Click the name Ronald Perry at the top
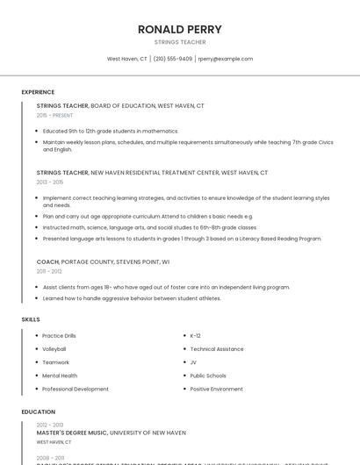pyautogui.click(x=180, y=29)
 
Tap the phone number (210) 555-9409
pyautogui.click(x=173, y=59)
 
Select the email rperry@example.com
pyautogui.click(x=225, y=59)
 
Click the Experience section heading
pyautogui.click(x=38, y=92)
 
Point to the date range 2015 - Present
pyautogui.click(x=54, y=115)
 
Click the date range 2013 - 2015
pyautogui.click(x=50, y=182)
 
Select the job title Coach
pyautogui.click(x=47, y=261)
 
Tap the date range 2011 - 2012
pyautogui.click(x=49, y=271)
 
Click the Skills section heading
pyautogui.click(x=31, y=319)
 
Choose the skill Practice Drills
pyautogui.click(x=59, y=336)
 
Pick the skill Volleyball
pyautogui.click(x=54, y=349)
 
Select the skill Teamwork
pyautogui.click(x=55, y=362)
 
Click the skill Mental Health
pyautogui.click(x=60, y=376)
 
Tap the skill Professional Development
pyautogui.click(x=76, y=389)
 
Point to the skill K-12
pyautogui.click(x=195, y=336)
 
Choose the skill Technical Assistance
pyautogui.click(x=217, y=349)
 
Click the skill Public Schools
pyautogui.click(x=208, y=376)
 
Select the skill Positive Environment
pyautogui.click(x=216, y=389)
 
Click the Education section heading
pyautogui.click(x=39, y=411)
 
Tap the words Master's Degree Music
pyautogui.click(x=72, y=433)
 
